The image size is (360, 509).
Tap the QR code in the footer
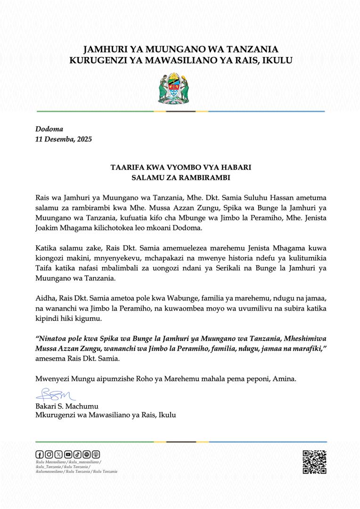click(314, 462)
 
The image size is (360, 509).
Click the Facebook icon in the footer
click(39, 454)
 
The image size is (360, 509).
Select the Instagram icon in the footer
click(49, 454)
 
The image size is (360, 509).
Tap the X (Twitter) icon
click(58, 454)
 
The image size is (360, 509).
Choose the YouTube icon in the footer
click(68, 454)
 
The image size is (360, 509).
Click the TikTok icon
click(77, 454)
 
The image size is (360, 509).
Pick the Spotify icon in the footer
click(87, 454)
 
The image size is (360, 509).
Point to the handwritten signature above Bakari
click(53, 393)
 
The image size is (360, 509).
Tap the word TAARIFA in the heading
click(127, 167)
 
